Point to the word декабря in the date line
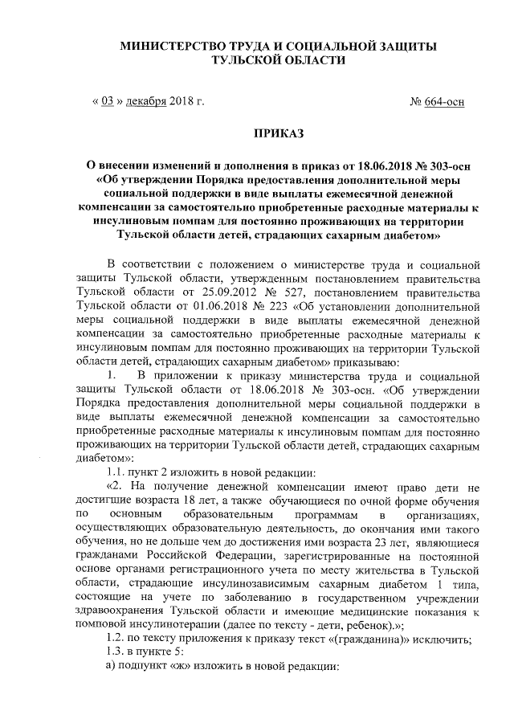click(x=145, y=102)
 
